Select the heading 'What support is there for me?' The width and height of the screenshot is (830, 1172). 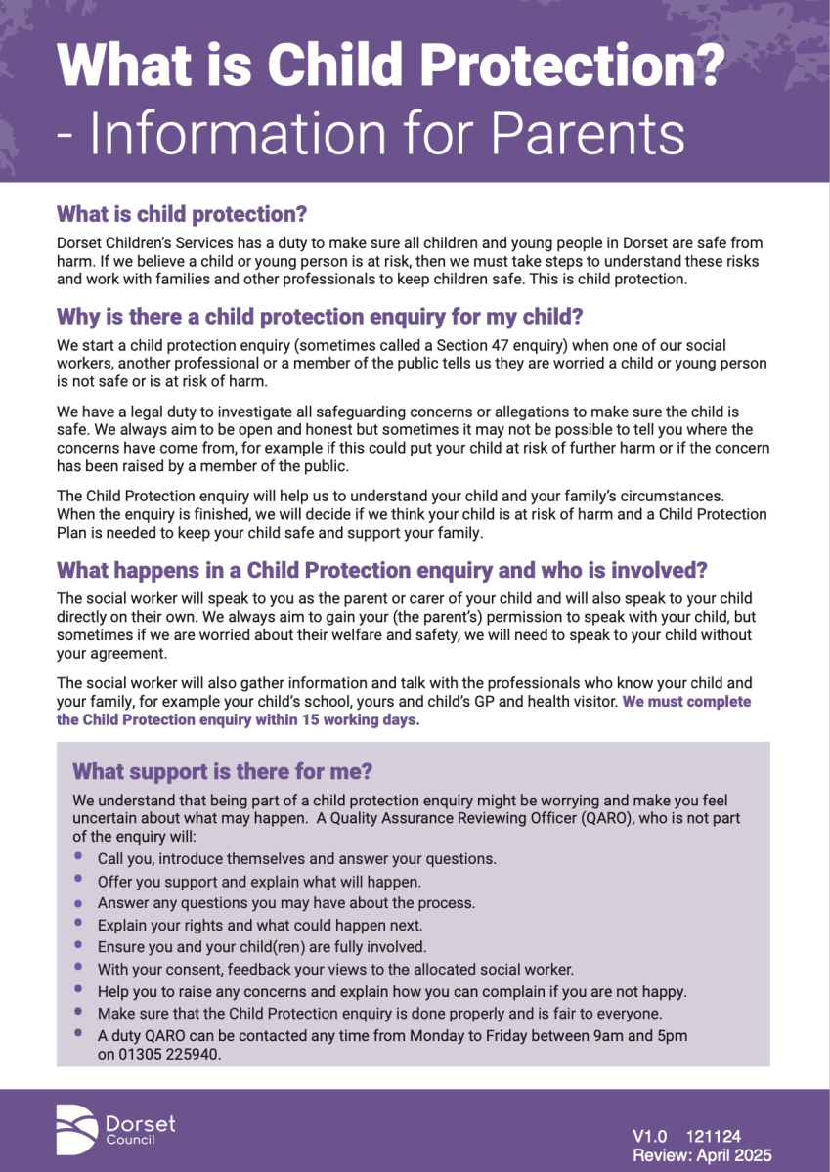pos(223,771)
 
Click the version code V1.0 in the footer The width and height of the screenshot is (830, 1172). pos(649,1136)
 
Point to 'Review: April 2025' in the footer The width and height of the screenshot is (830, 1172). pos(701,1155)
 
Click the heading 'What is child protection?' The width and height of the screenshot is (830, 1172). pos(182,212)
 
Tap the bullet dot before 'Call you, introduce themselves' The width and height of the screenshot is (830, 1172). pos(78,856)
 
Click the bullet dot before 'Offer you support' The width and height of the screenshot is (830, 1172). pos(78,879)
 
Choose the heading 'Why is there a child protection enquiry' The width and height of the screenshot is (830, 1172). pos(320,316)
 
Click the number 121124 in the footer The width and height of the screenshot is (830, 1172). pos(713,1136)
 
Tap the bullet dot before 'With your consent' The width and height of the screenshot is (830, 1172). pos(78,967)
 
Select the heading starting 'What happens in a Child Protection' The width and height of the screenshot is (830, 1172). pos(381,569)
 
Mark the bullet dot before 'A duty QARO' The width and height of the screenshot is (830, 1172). pos(78,1032)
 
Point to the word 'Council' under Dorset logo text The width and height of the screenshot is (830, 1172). pos(130,1140)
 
